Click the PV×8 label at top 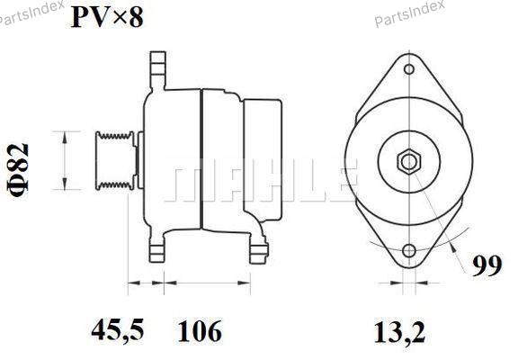pyautogui.click(x=107, y=17)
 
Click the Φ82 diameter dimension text pyautogui.click(x=18, y=170)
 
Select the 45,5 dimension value pyautogui.click(x=118, y=330)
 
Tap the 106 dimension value pyautogui.click(x=200, y=330)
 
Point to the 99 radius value pyautogui.click(x=487, y=265)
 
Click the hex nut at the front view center pyautogui.click(x=409, y=162)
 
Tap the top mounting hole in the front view pyautogui.click(x=409, y=69)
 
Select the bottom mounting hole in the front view pyautogui.click(x=409, y=250)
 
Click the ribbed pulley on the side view pyautogui.click(x=115, y=161)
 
